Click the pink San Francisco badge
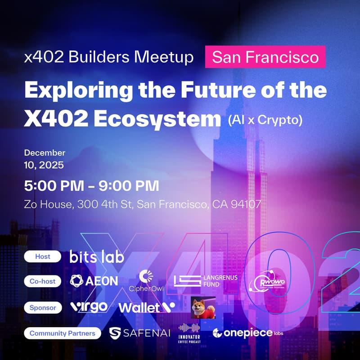click(x=265, y=57)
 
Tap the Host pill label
click(x=43, y=256)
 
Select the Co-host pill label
click(x=43, y=281)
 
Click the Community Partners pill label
click(x=63, y=333)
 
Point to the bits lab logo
click(x=97, y=256)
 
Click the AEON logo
click(x=94, y=281)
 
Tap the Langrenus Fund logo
click(x=206, y=281)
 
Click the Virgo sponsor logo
click(x=89, y=307)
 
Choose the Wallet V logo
click(x=147, y=307)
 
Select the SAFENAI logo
click(x=139, y=333)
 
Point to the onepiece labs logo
click(x=247, y=333)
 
